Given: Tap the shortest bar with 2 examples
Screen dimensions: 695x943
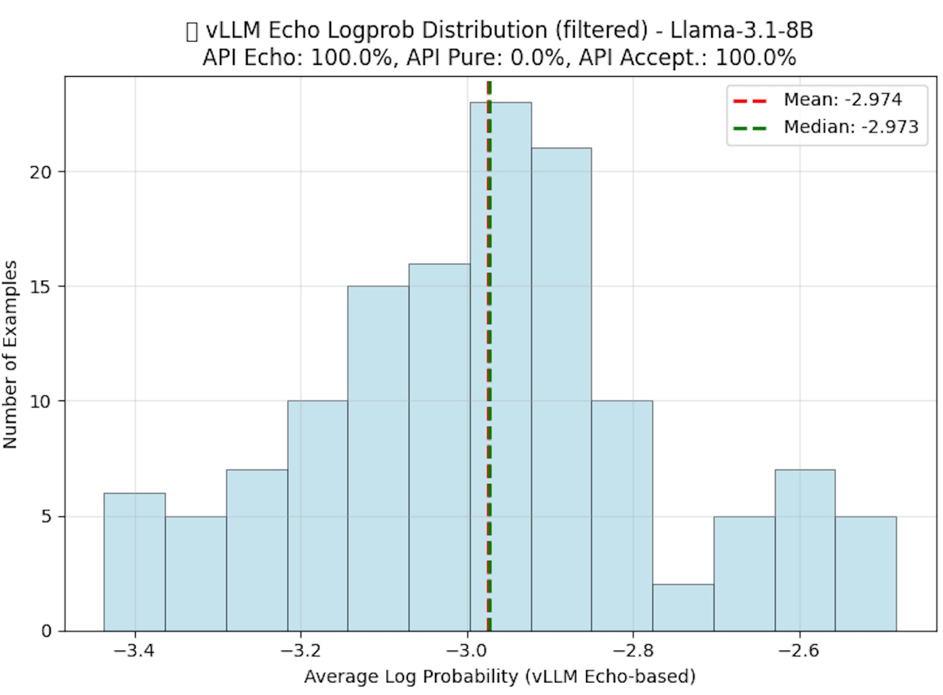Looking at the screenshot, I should (683, 608).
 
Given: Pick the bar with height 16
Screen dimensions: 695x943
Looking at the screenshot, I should (439, 447).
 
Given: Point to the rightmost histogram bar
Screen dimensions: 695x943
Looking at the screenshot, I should (866, 573).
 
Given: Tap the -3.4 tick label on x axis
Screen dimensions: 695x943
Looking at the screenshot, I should (134, 651).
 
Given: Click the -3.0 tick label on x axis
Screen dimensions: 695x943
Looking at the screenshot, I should (467, 651).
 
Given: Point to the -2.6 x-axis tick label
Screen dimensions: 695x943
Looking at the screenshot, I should (799, 651).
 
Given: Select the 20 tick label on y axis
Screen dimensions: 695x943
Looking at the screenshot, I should (41, 172).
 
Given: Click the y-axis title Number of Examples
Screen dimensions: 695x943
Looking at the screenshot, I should (11, 354).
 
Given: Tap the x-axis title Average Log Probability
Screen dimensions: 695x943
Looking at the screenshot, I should (500, 676).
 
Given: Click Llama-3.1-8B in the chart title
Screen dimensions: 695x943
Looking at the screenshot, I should (742, 30).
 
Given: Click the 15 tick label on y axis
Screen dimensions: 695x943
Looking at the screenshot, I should (41, 287).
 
